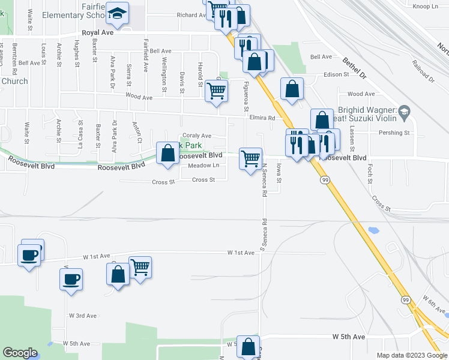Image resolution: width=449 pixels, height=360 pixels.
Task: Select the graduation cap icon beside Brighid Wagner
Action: click(405, 112)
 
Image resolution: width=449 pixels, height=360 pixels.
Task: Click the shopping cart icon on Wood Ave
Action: click(216, 91)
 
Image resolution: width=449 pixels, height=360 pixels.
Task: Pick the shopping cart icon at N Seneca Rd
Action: click(250, 159)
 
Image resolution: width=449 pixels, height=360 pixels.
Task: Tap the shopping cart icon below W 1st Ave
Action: click(140, 266)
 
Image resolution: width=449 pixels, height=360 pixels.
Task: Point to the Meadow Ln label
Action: click(203, 166)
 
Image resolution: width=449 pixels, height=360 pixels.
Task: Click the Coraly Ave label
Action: click(197, 136)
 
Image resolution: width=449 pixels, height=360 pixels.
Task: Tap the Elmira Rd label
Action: click(263, 118)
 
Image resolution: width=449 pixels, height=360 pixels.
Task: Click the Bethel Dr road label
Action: click(354, 68)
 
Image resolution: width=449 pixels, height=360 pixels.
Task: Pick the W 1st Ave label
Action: click(241, 253)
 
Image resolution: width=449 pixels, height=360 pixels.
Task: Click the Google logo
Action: click(20, 353)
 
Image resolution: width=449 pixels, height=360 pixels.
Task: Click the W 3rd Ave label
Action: click(83, 316)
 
